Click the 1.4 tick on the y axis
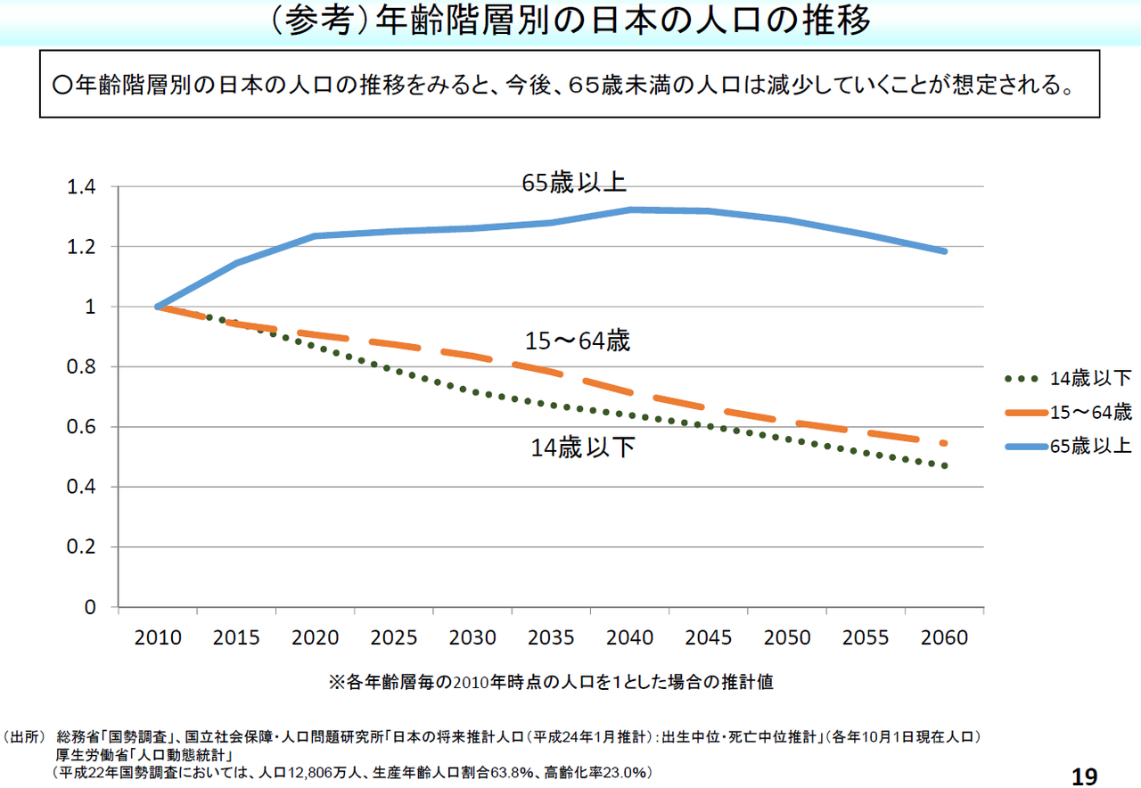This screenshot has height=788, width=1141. [81, 187]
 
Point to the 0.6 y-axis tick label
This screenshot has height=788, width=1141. [81, 427]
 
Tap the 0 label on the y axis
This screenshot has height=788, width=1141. [89, 607]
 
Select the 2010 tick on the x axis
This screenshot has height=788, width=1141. [158, 638]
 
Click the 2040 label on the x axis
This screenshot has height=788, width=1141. [630, 638]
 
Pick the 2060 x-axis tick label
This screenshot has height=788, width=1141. [945, 638]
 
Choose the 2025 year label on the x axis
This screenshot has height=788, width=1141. [394, 638]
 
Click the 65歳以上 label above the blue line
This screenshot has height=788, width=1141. [574, 183]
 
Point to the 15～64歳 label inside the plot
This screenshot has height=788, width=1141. [578, 341]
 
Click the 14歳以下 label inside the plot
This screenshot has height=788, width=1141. [583, 447]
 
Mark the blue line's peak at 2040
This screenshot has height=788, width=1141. [630, 209]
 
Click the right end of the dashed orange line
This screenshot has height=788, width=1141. [944, 443]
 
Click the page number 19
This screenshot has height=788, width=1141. [1084, 776]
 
